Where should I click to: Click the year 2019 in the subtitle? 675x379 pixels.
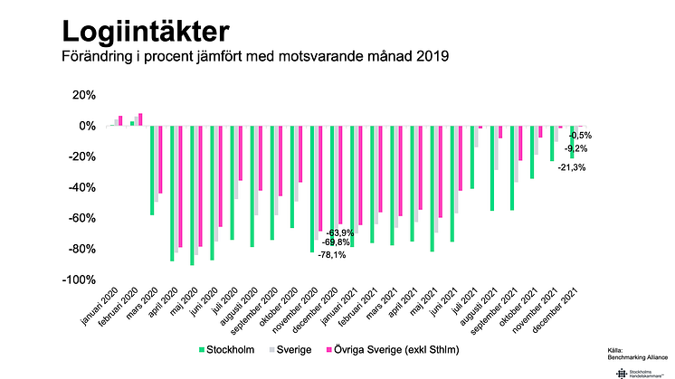433,58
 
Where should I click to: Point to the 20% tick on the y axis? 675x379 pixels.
82,95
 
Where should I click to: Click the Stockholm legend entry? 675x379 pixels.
226,347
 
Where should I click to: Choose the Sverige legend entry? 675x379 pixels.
293,347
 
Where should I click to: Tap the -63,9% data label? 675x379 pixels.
340,233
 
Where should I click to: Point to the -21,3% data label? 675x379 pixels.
571,167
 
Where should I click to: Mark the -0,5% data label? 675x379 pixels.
580,137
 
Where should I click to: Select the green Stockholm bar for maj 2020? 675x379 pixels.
192,195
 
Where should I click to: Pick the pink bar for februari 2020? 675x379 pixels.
140,119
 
